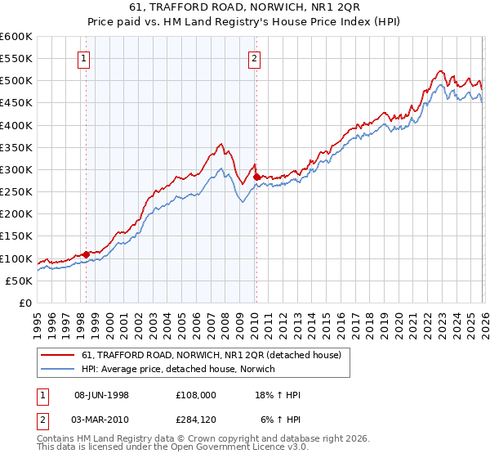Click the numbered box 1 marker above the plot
point(85,58)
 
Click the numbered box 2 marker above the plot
point(255,58)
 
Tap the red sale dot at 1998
point(86,255)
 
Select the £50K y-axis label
point(19,281)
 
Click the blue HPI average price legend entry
point(179,370)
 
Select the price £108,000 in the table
point(195,395)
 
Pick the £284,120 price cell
point(195,420)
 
